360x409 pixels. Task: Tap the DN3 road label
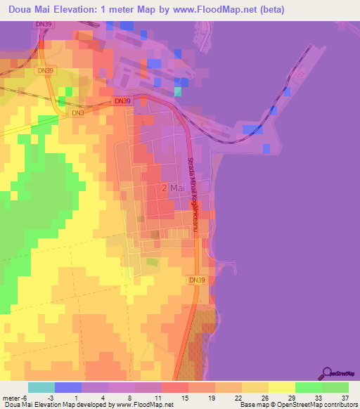(x=78, y=112)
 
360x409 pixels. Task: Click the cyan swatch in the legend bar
(x=41, y=387)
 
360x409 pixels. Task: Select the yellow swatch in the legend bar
(x=281, y=387)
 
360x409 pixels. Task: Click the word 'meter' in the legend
(x=11, y=398)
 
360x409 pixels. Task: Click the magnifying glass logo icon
(x=327, y=372)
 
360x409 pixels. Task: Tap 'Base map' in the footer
(x=250, y=405)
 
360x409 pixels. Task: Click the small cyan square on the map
(x=178, y=91)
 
